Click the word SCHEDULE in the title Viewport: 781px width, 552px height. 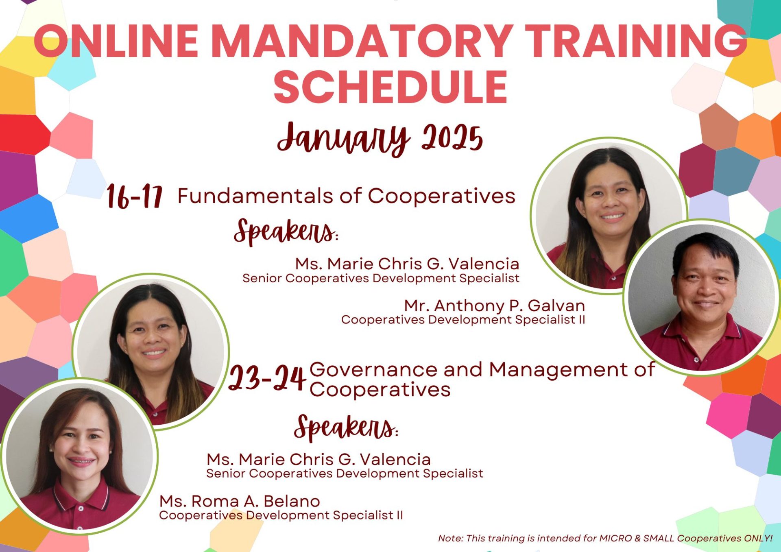[390, 87]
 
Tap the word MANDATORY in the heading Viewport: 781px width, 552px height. [362, 41]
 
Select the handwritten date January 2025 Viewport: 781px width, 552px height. [380, 138]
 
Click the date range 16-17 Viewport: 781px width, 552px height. [135, 197]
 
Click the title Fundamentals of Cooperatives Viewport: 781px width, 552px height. [347, 196]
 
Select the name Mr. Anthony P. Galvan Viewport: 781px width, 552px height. [495, 305]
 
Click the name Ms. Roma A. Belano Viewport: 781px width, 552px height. [240, 501]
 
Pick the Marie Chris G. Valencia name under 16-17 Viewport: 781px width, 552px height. [407, 264]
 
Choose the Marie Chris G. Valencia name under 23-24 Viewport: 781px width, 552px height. [319, 459]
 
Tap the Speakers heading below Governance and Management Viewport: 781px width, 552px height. [346, 428]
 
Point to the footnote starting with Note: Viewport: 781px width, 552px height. [605, 538]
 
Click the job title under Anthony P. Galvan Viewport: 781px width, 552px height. [463, 320]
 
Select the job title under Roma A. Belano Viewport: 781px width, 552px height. [281, 515]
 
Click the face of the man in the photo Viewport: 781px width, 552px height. [705, 285]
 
